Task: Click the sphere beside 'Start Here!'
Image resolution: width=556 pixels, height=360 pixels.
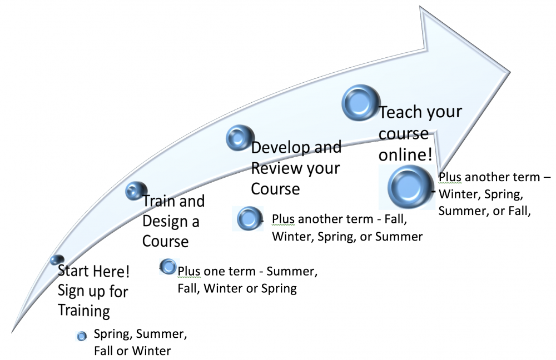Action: [x=57, y=260]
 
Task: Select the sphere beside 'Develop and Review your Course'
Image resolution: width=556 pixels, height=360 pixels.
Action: [x=240, y=138]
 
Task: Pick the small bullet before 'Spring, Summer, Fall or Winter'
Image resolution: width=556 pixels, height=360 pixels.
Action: [x=82, y=336]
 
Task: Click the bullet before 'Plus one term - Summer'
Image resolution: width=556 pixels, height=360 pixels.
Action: [x=167, y=267]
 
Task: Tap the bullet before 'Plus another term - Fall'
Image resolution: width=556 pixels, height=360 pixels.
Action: [x=249, y=219]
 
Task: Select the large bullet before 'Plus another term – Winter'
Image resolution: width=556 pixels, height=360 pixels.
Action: [x=410, y=187]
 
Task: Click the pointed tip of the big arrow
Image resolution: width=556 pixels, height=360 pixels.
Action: [x=510, y=70]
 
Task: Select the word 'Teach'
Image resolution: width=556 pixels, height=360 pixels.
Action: [x=399, y=113]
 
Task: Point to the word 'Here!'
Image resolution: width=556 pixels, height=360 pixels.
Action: [x=116, y=272]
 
